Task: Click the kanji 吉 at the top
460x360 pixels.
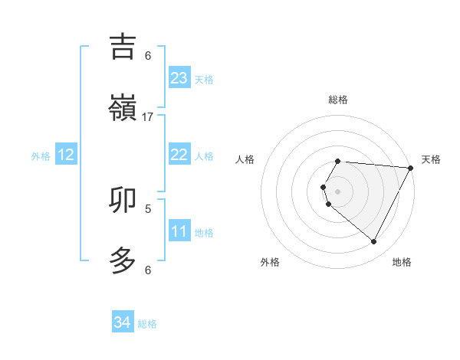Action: click(x=123, y=46)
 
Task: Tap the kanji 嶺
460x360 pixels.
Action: click(x=123, y=107)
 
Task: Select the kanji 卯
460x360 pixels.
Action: click(x=123, y=199)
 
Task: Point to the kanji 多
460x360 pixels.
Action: click(x=123, y=260)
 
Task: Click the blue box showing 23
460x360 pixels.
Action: click(x=179, y=78)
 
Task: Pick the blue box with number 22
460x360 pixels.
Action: click(x=179, y=155)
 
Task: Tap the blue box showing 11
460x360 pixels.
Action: click(x=179, y=231)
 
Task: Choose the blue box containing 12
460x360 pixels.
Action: click(x=66, y=155)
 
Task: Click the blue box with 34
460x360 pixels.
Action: click(x=123, y=322)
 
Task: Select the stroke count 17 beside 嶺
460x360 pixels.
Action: click(x=148, y=116)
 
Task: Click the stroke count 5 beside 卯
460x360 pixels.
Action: click(x=148, y=208)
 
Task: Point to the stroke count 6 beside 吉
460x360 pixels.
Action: click(x=148, y=55)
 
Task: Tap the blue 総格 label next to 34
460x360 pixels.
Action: click(x=147, y=324)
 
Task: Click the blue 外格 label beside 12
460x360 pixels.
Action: click(x=41, y=156)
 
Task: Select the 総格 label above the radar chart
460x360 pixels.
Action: click(x=338, y=100)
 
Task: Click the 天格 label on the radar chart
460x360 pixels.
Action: click(x=431, y=159)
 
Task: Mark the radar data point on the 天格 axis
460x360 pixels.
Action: click(x=411, y=168)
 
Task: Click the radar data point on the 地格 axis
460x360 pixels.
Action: click(x=374, y=242)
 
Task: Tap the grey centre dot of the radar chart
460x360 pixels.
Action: click(x=338, y=191)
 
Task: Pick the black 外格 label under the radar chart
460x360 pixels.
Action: click(x=270, y=262)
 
